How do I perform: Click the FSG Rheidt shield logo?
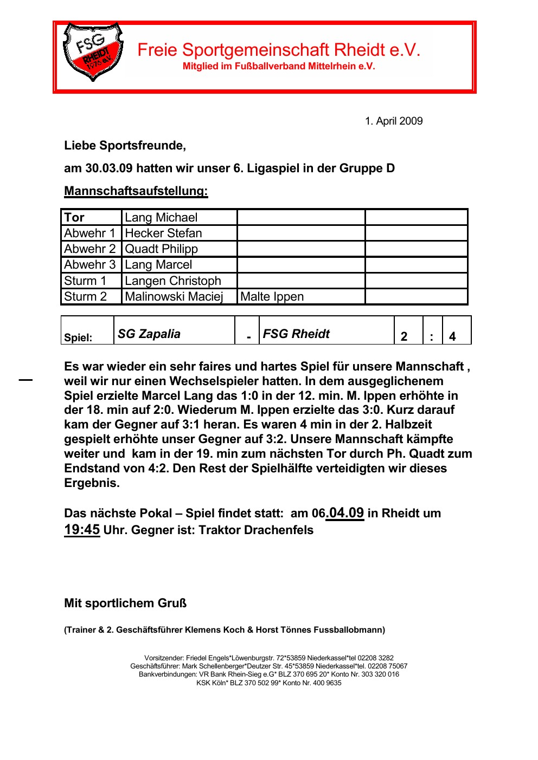point(93,52)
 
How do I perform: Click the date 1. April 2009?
point(393,121)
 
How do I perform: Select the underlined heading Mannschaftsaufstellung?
point(136,191)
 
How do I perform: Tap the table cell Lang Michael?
point(161,218)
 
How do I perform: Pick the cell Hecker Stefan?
point(163,233)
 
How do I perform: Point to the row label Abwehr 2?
point(89,249)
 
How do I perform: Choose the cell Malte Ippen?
point(272,297)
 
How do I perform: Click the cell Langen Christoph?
point(172,281)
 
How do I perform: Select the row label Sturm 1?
point(85,281)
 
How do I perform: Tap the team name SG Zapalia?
point(149,334)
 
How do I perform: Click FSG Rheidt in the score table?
point(296,334)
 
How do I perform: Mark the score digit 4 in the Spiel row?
point(452,337)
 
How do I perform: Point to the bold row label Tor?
point(74,218)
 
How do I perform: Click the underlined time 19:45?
point(82,530)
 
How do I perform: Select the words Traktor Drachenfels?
point(256,530)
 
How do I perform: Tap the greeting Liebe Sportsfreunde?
point(125,146)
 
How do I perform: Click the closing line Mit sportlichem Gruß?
point(125,603)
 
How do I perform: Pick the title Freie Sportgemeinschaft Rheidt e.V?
point(279,50)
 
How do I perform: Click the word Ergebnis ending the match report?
point(91,483)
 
